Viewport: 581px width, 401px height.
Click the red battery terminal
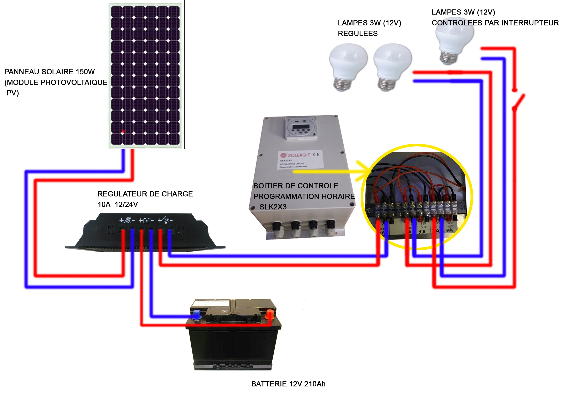[269, 314]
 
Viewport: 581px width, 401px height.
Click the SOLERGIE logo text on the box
[299, 155]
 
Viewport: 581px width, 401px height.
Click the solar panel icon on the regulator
[128, 220]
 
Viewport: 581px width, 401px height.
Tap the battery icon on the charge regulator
[147, 220]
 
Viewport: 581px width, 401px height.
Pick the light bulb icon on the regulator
[166, 220]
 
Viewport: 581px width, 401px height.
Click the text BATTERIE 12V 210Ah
[288, 384]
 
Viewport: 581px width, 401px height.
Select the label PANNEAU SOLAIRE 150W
[49, 72]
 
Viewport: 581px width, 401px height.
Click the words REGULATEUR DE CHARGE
[145, 194]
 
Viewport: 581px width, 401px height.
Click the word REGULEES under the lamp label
[358, 34]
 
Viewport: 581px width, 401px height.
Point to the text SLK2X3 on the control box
[273, 207]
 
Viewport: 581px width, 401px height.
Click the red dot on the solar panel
[123, 132]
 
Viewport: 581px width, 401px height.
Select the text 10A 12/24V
[118, 204]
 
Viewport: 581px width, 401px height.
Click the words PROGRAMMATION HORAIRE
[304, 197]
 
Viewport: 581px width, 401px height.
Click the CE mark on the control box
[316, 154]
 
